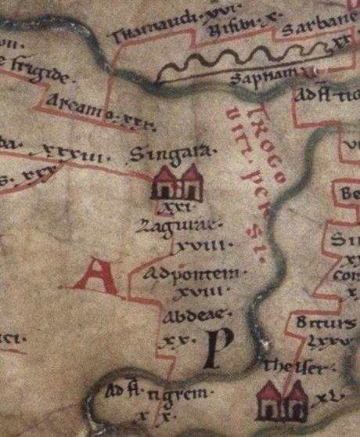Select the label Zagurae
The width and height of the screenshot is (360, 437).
click(x=190, y=227)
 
